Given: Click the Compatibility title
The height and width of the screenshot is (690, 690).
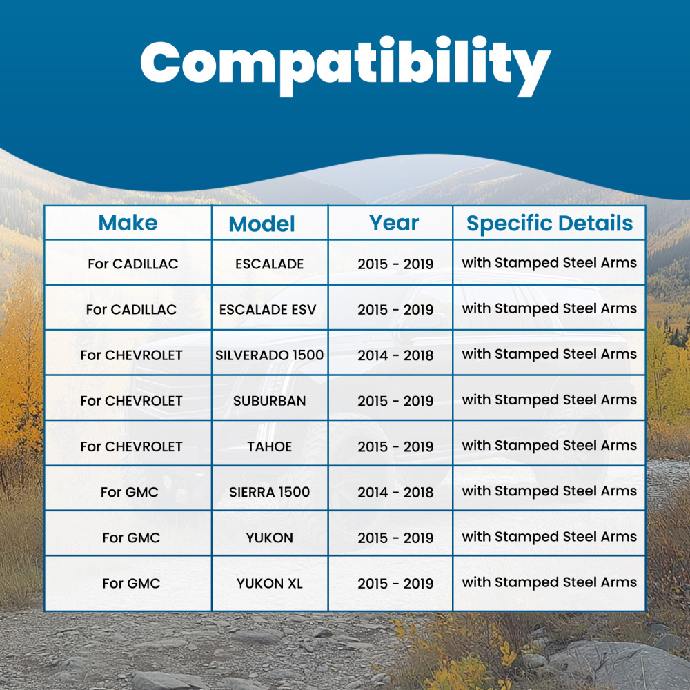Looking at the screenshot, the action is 346,66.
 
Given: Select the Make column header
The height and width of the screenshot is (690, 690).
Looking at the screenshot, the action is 128,223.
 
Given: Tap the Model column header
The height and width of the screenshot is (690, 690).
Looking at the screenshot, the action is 262,224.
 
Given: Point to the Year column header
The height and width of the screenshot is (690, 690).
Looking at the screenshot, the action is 394,223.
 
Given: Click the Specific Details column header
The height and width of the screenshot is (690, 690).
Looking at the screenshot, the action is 550,223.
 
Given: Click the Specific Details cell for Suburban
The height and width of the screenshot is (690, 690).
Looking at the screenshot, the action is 549,400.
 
